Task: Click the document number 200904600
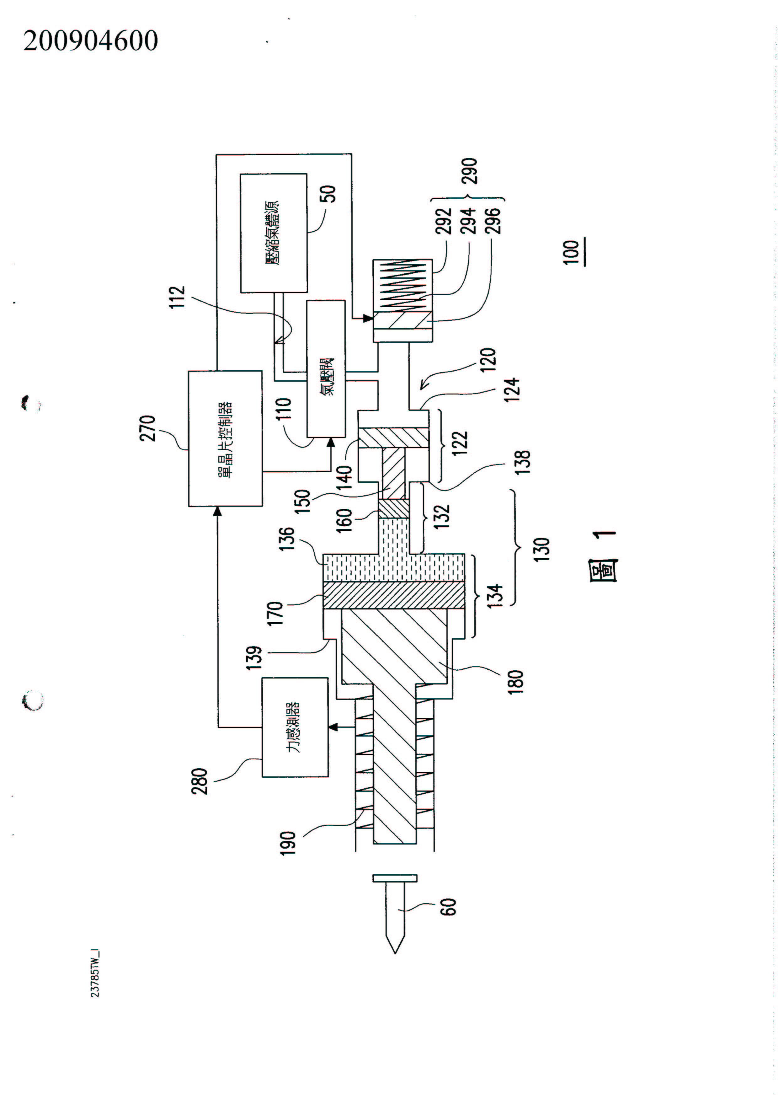pos(90,40)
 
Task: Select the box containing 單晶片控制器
pos(225,438)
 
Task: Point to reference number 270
pos(148,428)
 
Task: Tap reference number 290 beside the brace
pos(469,171)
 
